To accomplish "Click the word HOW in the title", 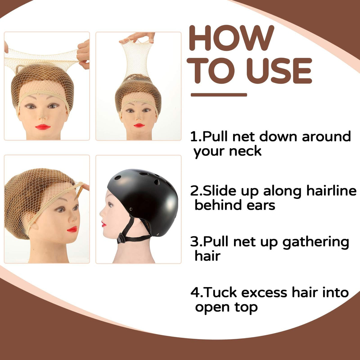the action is pos(232,38).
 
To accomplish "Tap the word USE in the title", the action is pos(279,70).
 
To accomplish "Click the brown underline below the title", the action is pos(219,95).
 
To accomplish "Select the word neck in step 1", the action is pos(245,151).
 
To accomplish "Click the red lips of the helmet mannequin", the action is pos(103,224).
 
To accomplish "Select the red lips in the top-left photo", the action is pos(43,127).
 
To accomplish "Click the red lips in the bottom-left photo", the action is pos(72,229).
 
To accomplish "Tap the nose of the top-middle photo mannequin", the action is pos(139,117).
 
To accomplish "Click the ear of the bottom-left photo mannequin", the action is pos(34,225).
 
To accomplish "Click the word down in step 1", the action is pos(278,136).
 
